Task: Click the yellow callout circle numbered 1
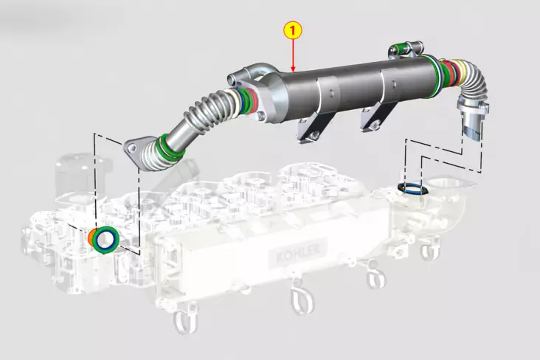click(294, 30)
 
